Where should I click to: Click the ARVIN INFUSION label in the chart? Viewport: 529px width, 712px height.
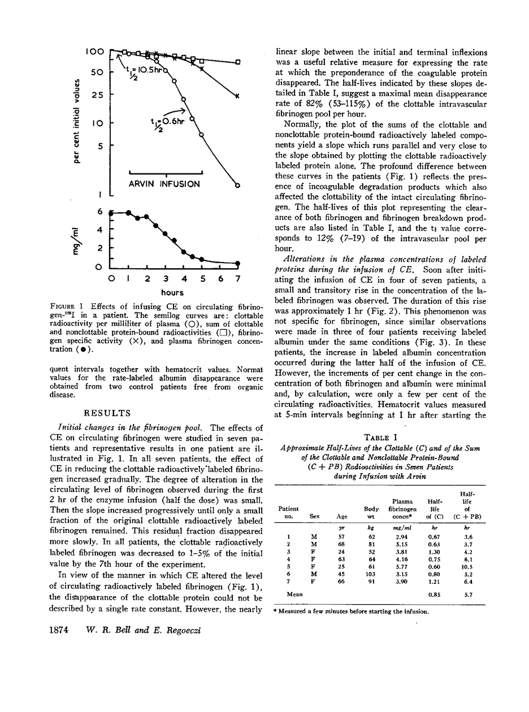(165, 184)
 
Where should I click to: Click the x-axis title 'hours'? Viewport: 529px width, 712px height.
(172, 292)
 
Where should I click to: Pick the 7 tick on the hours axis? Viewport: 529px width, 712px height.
(238, 279)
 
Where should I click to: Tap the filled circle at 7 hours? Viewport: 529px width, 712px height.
(238, 263)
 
